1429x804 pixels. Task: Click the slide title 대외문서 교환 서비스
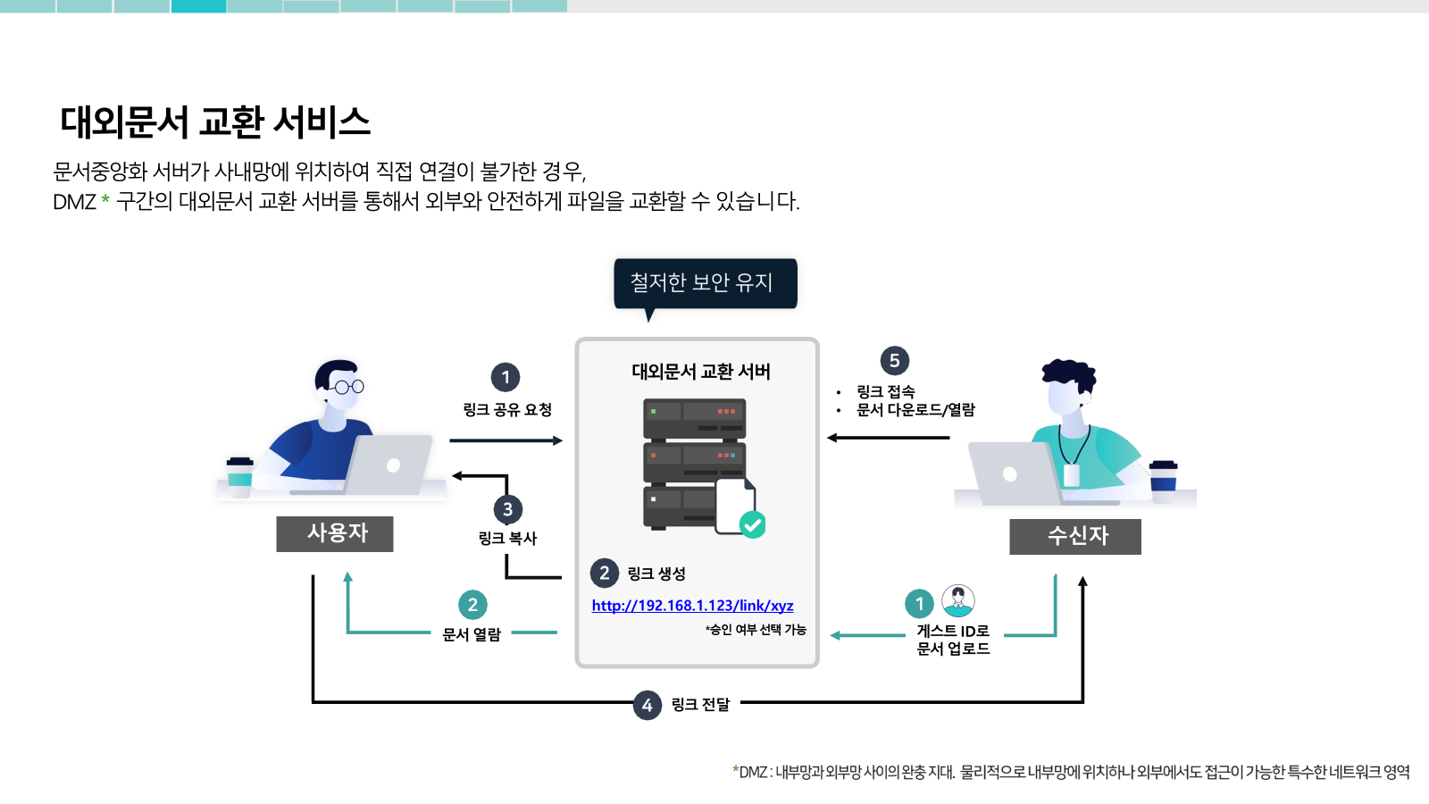click(215, 121)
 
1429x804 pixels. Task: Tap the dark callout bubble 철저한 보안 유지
click(705, 283)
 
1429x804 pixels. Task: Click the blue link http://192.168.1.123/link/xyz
click(692, 605)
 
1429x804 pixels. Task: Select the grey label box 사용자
click(335, 533)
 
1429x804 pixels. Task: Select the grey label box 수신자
click(1075, 536)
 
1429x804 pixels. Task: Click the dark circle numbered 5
click(894, 361)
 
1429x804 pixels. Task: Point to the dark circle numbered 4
click(647, 705)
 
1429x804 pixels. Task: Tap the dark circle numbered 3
click(508, 509)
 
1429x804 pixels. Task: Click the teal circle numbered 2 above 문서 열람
click(472, 604)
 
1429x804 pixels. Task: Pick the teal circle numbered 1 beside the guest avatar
click(919, 603)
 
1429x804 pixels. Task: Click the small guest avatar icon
click(958, 600)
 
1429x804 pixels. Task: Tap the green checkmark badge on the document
click(753, 525)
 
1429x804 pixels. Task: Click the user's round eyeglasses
click(348, 387)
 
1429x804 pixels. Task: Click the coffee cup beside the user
click(240, 477)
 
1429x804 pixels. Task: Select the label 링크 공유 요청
click(507, 410)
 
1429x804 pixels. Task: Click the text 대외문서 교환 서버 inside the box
click(700, 372)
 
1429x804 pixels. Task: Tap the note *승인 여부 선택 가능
click(756, 630)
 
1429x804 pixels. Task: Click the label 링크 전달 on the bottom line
click(700, 705)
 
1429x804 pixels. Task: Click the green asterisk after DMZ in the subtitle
click(105, 200)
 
